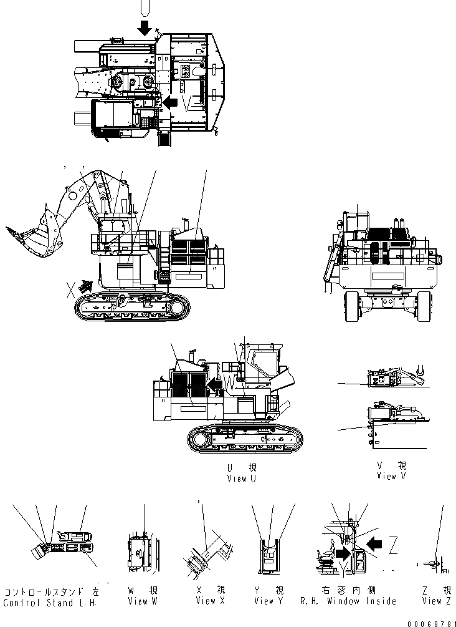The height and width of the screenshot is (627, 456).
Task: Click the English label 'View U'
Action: click(242, 479)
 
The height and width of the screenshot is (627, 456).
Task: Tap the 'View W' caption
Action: click(143, 601)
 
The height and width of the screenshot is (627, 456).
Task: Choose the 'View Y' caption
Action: click(269, 601)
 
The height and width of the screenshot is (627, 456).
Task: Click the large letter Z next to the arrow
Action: click(393, 548)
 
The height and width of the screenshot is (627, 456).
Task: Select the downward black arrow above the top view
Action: click(145, 27)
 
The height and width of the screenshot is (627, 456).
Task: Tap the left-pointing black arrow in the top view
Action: click(169, 102)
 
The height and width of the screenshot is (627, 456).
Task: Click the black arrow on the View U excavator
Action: click(215, 386)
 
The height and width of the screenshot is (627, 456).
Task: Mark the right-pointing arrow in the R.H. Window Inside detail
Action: click(343, 552)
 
